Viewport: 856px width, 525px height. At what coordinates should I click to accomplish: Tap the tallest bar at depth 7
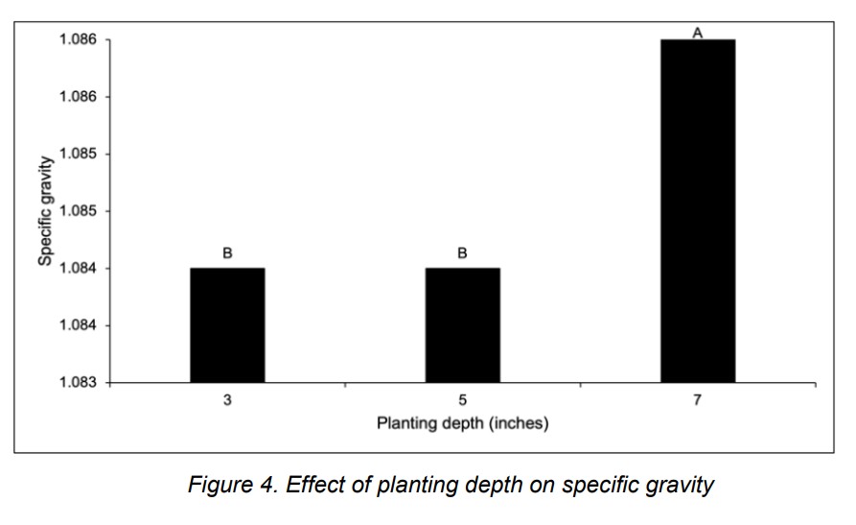coord(698,211)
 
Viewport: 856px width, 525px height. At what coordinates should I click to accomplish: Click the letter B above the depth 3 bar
coord(227,253)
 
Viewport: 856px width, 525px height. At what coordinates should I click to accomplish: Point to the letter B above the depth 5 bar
coord(462,253)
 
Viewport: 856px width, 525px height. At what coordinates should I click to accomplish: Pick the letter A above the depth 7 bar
coord(698,33)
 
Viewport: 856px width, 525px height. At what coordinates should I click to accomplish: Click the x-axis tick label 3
coord(227,399)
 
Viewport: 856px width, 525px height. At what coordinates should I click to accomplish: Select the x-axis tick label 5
coord(462,399)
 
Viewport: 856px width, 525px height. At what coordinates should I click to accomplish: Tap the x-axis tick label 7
coord(698,399)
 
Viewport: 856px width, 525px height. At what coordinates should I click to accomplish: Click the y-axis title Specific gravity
coord(45,211)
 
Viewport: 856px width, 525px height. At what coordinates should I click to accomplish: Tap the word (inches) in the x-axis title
coord(517,423)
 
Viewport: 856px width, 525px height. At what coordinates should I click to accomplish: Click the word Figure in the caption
coord(218,486)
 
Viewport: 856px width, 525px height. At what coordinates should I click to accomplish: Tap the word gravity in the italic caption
coord(679,486)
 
